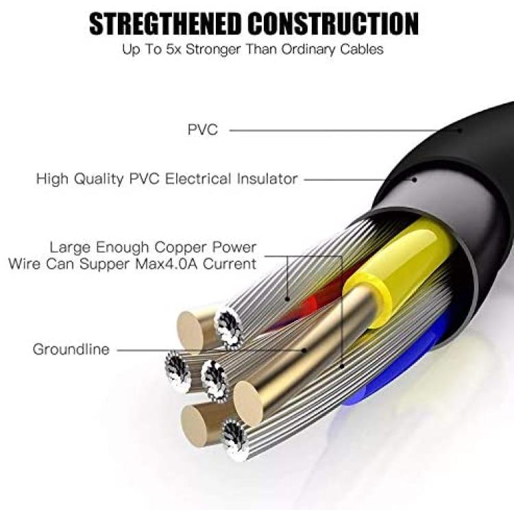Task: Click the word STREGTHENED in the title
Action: (166, 23)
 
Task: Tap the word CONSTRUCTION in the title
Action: (333, 23)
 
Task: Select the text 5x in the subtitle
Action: (174, 49)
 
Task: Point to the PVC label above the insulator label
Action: (203, 130)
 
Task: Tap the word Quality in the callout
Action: (99, 180)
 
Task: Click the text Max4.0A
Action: (167, 264)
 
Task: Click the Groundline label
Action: (71, 350)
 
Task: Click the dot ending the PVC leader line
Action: (460, 130)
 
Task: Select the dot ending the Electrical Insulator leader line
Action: (415, 180)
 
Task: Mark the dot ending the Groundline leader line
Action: (304, 350)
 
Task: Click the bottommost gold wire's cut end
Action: (195, 426)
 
